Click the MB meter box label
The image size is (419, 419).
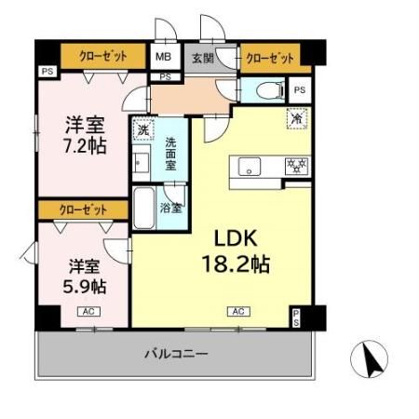[163, 57]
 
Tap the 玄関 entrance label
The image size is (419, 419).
[203, 58]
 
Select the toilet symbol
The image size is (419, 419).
[270, 90]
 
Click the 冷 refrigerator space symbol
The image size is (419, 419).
[297, 118]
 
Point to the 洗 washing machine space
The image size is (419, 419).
[143, 129]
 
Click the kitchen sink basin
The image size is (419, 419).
[250, 167]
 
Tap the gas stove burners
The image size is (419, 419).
[297, 166]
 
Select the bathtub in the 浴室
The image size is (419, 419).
[144, 208]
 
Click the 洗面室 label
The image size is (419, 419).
[170, 154]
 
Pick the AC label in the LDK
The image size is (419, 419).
[238, 311]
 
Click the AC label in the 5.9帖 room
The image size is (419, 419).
[88, 311]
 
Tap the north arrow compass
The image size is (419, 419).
[369, 359]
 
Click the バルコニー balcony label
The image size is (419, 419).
[176, 354]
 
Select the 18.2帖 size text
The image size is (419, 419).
[236, 264]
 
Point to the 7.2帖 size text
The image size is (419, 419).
[85, 145]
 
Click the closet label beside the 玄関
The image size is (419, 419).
[270, 58]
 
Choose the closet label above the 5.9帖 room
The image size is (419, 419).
[83, 210]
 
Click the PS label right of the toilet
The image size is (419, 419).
[300, 90]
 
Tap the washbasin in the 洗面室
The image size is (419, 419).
[142, 163]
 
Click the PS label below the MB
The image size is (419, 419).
[166, 77]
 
